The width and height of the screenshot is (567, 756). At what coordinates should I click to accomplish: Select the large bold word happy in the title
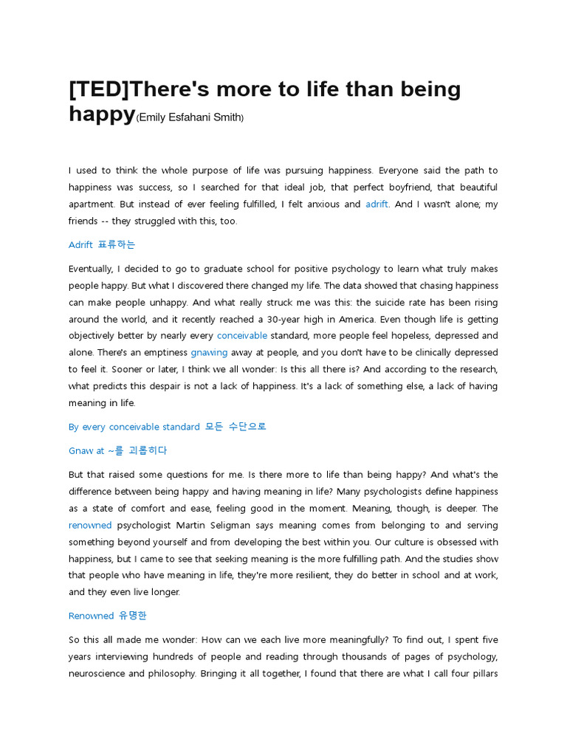click(x=102, y=114)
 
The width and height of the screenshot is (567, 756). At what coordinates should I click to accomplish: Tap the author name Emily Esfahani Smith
click(x=190, y=117)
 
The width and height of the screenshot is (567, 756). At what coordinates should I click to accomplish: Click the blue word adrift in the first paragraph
click(x=377, y=205)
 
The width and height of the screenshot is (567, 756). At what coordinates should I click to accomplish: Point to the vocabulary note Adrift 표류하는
click(x=102, y=245)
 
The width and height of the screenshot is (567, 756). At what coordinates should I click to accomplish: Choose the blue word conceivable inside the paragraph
click(x=242, y=336)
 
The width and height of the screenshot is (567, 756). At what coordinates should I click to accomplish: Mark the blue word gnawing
click(x=209, y=353)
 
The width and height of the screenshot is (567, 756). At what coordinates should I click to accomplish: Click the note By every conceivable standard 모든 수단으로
click(x=167, y=427)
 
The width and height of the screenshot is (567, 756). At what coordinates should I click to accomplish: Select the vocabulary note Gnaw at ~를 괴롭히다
click(x=117, y=450)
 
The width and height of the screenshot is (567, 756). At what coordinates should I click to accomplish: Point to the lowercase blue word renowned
click(x=90, y=526)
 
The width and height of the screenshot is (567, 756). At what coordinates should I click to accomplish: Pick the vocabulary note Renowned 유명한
click(x=108, y=616)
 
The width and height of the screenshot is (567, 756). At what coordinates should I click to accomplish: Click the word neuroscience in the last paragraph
click(x=98, y=673)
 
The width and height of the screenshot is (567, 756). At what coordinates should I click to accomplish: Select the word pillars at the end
click(x=483, y=673)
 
